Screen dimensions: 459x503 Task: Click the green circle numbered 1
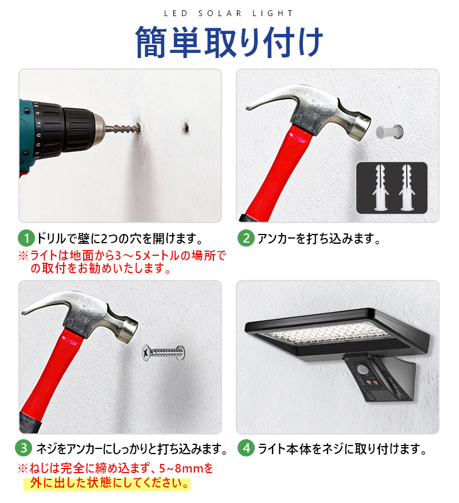point(26,239)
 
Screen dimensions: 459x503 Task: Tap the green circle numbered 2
point(246,239)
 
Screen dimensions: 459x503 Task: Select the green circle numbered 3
point(24,448)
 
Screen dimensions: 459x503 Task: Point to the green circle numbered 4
point(246,448)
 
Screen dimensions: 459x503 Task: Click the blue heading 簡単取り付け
point(229,42)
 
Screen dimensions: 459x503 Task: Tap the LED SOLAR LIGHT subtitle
point(228,13)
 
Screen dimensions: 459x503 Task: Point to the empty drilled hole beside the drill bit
point(185,127)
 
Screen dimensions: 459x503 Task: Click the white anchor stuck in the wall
point(390,132)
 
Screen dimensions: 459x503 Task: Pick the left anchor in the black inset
point(380,187)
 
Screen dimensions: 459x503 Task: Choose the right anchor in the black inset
point(407,187)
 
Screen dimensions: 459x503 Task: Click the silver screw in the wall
point(164,352)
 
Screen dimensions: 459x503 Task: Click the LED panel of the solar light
point(325,336)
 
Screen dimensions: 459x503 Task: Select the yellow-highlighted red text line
point(107,483)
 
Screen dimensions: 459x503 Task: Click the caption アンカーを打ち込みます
point(319,239)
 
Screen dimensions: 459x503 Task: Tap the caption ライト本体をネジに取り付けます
point(342,448)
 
